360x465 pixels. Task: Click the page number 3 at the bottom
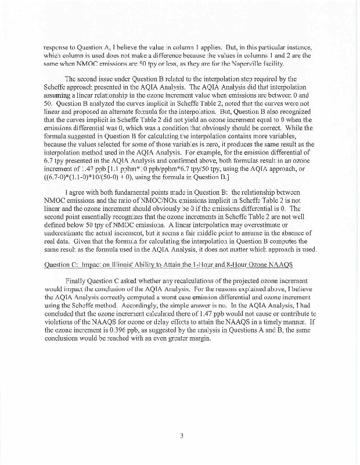(x=181, y=431)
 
